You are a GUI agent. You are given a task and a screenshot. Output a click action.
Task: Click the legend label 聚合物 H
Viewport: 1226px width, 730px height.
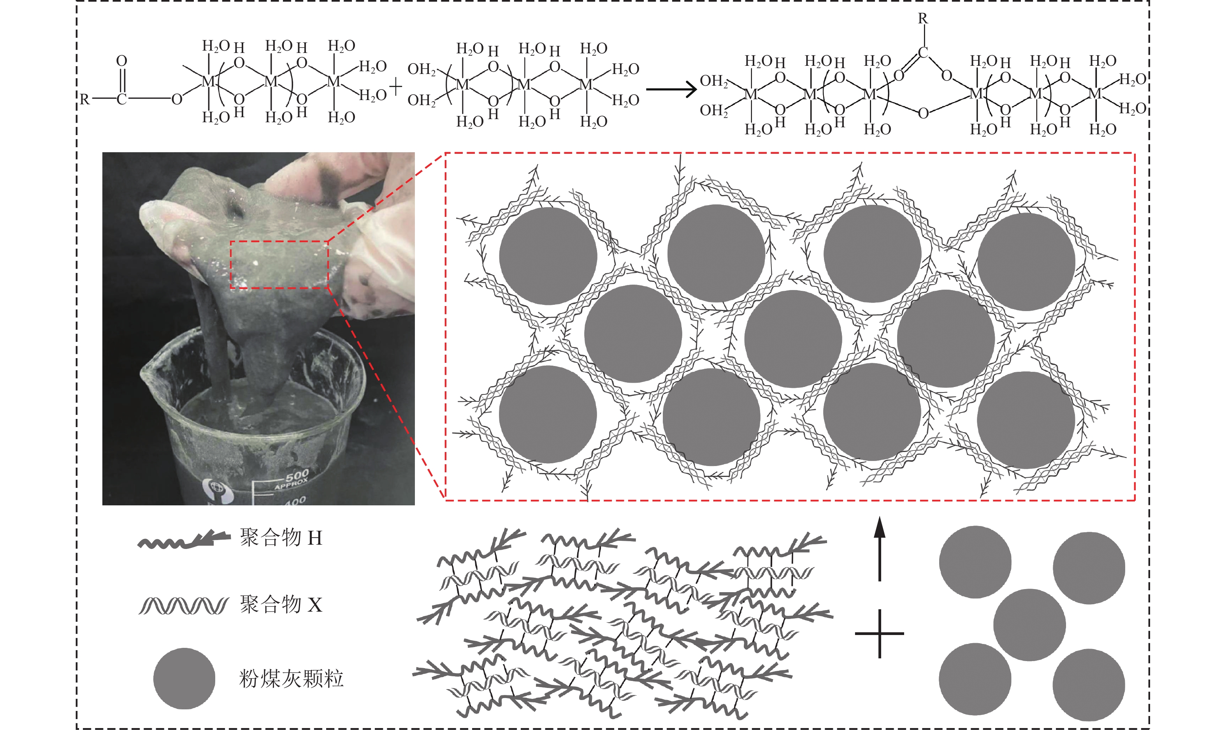[x=281, y=538]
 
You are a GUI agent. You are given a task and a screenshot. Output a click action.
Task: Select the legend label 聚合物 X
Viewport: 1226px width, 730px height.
[x=281, y=604]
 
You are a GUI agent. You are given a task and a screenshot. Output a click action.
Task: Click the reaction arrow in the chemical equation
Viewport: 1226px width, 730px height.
[x=671, y=89]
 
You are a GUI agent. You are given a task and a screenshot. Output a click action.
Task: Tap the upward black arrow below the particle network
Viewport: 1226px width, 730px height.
[x=879, y=549]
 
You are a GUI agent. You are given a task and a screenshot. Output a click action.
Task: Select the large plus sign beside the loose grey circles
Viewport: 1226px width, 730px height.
[x=879, y=633]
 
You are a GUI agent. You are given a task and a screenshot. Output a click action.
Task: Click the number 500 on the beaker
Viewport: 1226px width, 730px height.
[x=297, y=476]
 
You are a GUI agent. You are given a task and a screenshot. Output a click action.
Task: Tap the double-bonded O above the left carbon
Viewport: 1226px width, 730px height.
[x=121, y=61]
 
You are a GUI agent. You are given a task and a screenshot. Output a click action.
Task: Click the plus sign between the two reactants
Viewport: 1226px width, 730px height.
[x=395, y=88]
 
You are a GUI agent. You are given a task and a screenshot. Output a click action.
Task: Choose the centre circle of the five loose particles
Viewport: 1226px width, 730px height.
[x=1029, y=625]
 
